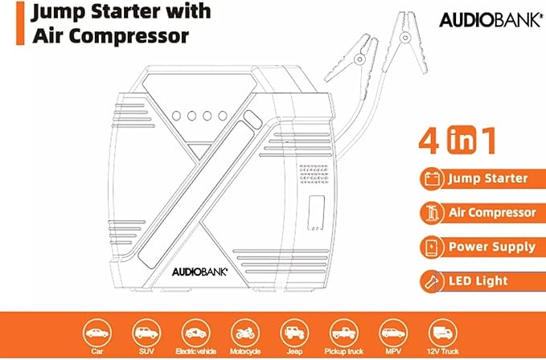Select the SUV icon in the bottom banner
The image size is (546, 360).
click(x=146, y=331)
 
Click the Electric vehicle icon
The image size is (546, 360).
click(x=195, y=331)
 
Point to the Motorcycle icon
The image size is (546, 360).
click(x=244, y=331)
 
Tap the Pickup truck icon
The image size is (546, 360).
click(x=343, y=331)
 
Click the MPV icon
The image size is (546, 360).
click(x=392, y=331)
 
